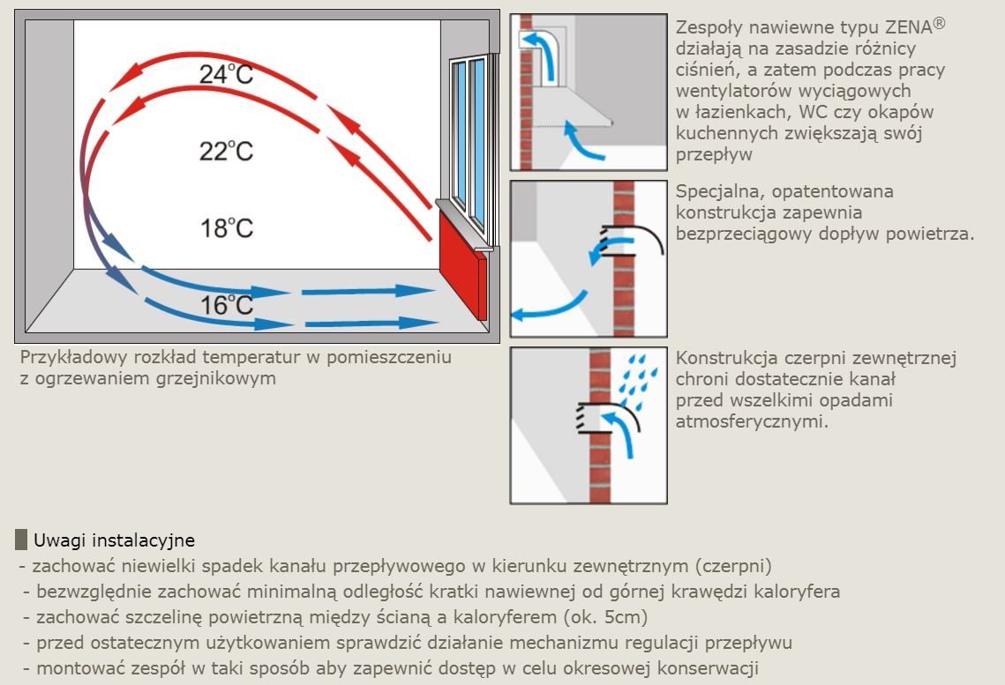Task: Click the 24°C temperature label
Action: (x=226, y=74)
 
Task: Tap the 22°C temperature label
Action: (x=226, y=151)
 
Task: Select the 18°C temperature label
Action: (x=227, y=228)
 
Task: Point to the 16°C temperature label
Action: (x=227, y=305)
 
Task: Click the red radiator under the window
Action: (x=463, y=265)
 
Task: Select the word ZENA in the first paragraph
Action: (x=908, y=26)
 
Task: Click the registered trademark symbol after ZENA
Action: (x=939, y=23)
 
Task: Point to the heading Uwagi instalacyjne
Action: (x=114, y=540)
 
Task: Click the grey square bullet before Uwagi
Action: (x=21, y=540)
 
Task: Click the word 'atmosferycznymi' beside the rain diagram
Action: (x=752, y=421)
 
